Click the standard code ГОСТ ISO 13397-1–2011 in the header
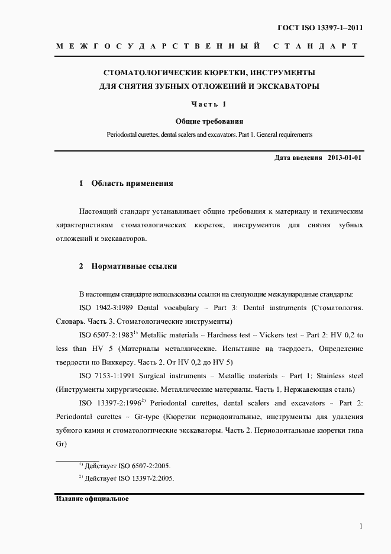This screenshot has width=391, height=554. (x=320, y=28)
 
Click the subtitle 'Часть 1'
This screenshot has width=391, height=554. (x=209, y=105)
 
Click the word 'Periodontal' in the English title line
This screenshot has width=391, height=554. (x=124, y=134)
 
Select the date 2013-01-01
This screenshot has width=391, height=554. (x=344, y=158)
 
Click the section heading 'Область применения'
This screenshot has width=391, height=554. (x=132, y=183)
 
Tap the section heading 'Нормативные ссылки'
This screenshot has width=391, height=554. (x=134, y=266)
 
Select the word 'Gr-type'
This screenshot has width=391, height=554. (x=147, y=417)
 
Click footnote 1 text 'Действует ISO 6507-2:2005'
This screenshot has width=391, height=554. (x=128, y=466)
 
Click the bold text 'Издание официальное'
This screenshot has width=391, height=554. (x=92, y=498)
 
